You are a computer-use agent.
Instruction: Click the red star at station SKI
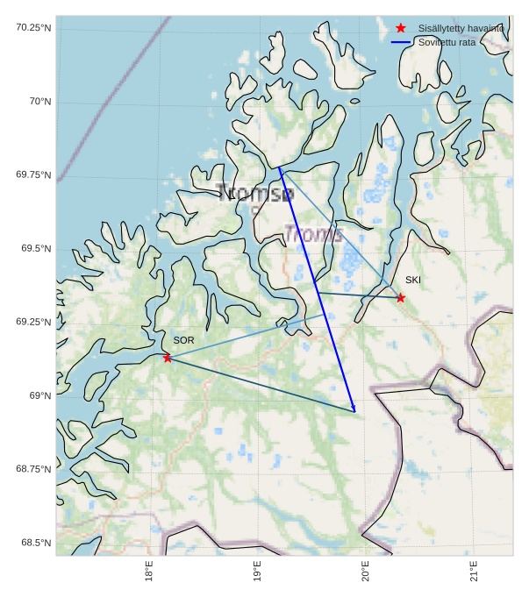tap(400, 298)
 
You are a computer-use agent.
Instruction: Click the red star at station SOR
tap(167, 358)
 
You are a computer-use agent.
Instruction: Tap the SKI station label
tap(412, 281)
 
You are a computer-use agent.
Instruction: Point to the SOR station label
tap(183, 340)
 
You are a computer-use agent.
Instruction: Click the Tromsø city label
tap(255, 194)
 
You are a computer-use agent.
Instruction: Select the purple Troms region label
tap(313, 234)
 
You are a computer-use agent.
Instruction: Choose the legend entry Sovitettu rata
tap(447, 42)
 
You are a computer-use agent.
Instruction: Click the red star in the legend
tap(401, 28)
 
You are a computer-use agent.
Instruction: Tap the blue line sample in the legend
tap(401, 42)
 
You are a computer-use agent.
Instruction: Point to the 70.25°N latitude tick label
tap(33, 28)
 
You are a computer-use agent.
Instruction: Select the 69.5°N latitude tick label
tap(36, 249)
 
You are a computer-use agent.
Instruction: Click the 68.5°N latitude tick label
tap(36, 544)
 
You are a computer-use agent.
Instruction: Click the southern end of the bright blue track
tap(354, 410)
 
